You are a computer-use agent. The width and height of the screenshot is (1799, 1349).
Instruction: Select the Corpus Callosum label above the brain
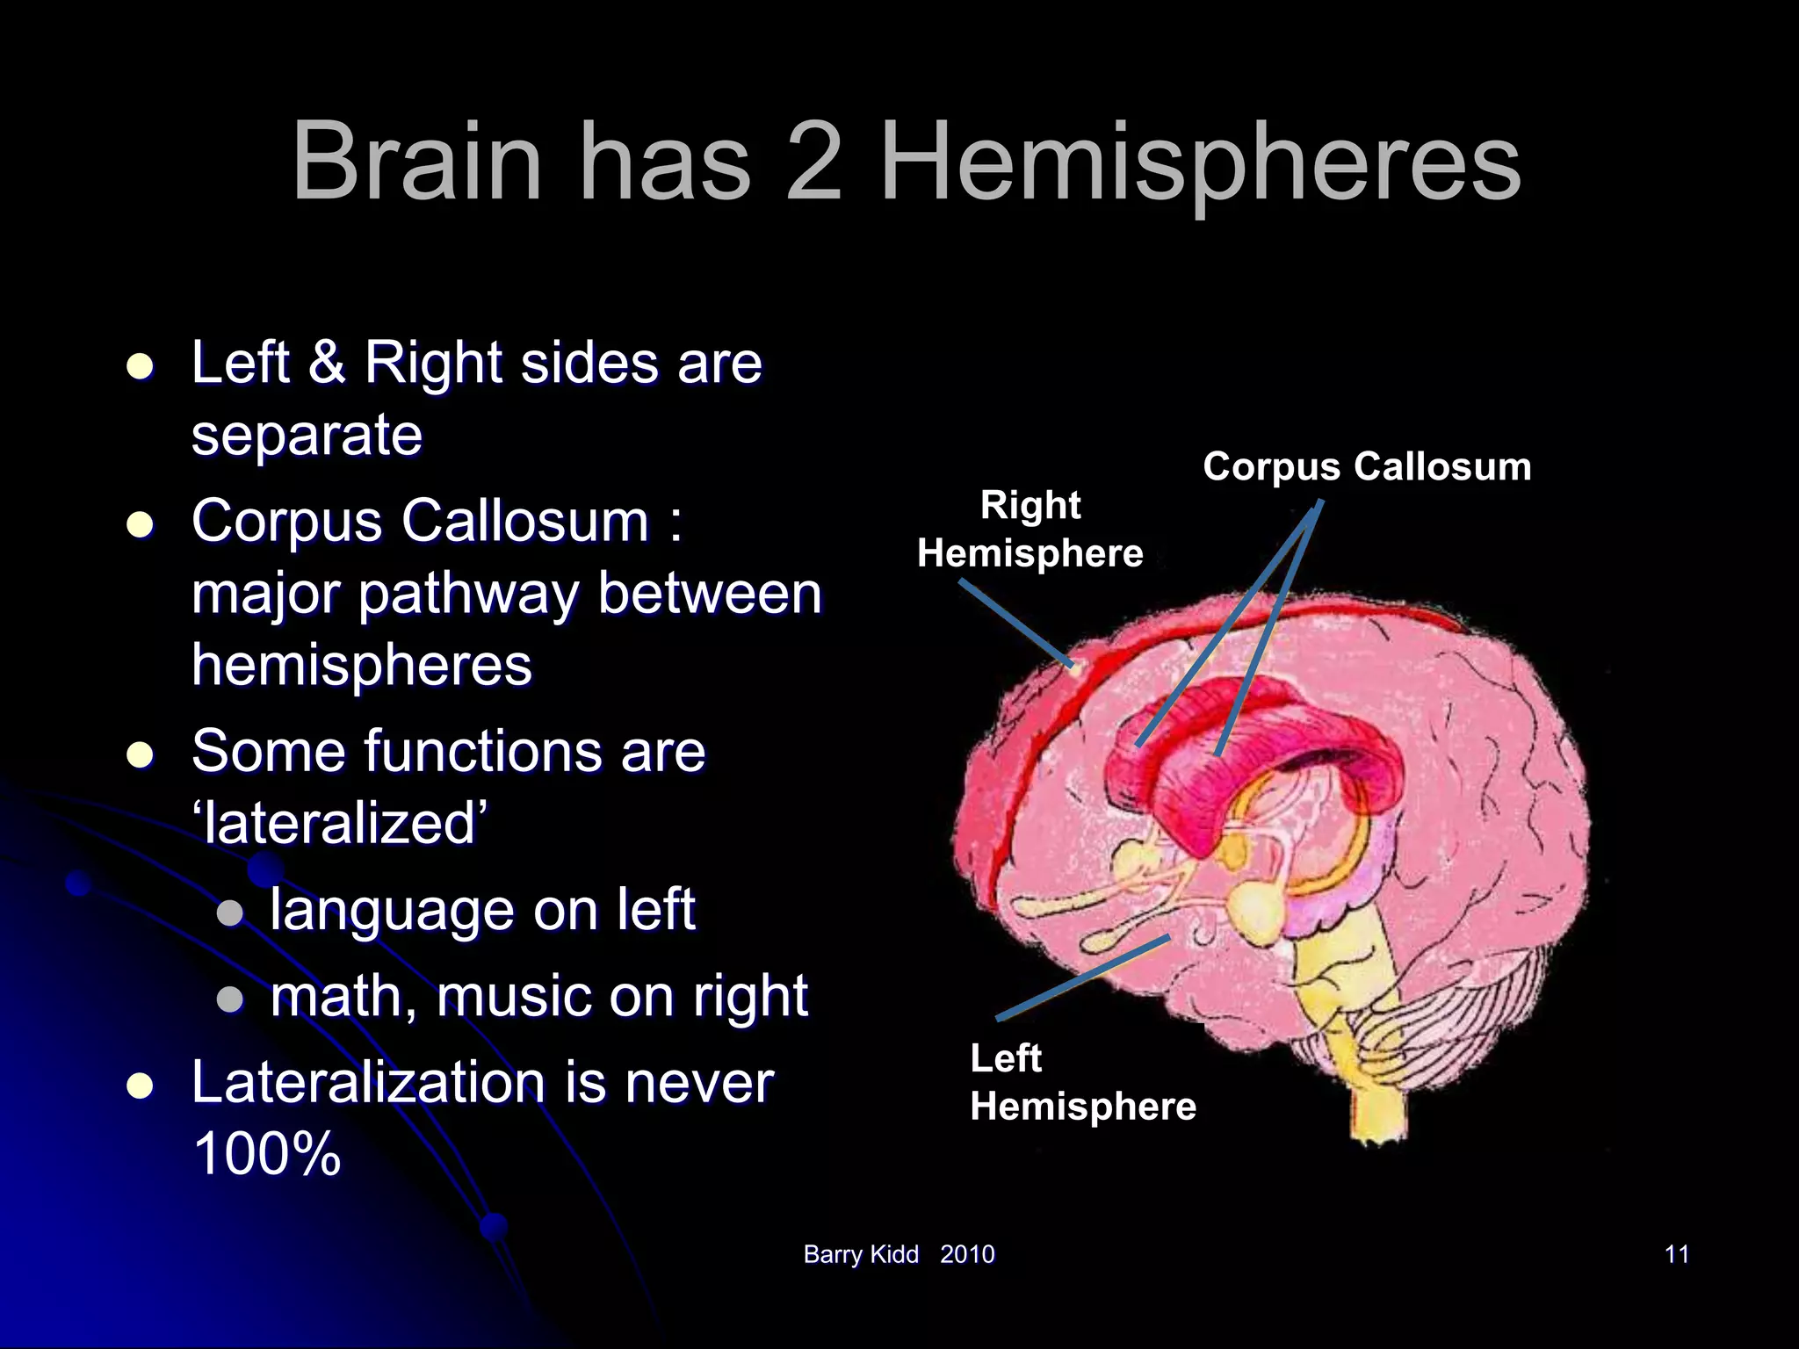pos(1366,466)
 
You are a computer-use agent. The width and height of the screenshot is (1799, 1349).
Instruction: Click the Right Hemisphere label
pos(1030,529)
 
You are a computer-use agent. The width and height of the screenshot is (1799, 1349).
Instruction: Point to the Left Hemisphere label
pos(1082,1082)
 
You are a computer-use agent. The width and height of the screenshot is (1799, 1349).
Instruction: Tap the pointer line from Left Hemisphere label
pos(1083,977)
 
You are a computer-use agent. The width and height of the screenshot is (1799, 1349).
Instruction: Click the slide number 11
pos(1676,1254)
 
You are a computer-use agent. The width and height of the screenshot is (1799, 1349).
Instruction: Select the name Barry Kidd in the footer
pos(860,1254)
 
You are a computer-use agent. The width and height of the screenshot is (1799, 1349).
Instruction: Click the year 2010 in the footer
pos(967,1254)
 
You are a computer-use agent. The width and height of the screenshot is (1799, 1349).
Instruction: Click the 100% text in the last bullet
pos(266,1153)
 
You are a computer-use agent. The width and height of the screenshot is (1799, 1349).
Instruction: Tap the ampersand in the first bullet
pos(327,362)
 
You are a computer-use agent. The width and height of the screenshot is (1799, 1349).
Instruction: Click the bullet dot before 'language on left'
pos(230,913)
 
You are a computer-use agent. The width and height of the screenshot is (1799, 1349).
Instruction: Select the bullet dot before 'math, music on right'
pos(230,999)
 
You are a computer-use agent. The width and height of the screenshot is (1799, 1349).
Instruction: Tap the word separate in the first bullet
pos(307,435)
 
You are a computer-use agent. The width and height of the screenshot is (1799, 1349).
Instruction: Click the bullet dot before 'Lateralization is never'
pos(141,1086)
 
